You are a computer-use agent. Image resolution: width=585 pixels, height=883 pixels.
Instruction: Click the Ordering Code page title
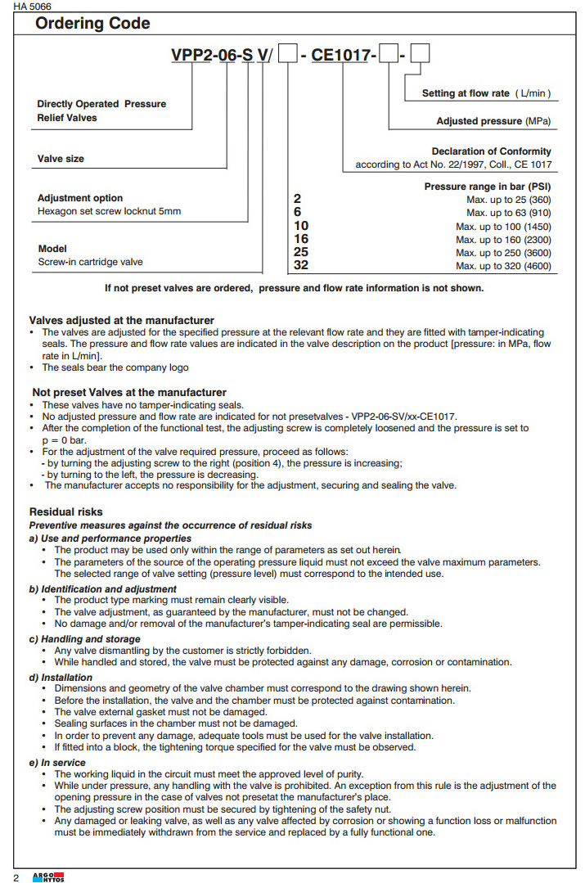92,23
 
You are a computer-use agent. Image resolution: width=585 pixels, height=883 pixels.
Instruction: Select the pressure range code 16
300,239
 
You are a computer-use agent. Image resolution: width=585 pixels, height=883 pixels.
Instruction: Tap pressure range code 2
297,199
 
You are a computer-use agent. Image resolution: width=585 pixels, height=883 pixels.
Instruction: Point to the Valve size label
61,159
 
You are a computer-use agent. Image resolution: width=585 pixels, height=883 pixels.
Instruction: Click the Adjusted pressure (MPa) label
493,121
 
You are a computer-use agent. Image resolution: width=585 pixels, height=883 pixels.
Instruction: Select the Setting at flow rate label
486,93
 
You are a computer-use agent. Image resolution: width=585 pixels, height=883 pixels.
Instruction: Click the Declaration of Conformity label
491,151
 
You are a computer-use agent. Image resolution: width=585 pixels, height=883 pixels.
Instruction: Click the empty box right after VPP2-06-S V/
288,56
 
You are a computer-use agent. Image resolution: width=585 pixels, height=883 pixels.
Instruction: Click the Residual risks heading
66,511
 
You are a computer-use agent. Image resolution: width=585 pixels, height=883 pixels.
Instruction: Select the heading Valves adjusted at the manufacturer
122,320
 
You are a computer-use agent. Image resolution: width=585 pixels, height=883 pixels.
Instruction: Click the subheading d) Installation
61,678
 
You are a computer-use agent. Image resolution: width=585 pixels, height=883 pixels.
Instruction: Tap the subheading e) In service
57,763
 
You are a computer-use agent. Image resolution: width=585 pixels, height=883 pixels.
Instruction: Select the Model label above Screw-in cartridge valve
52,249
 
